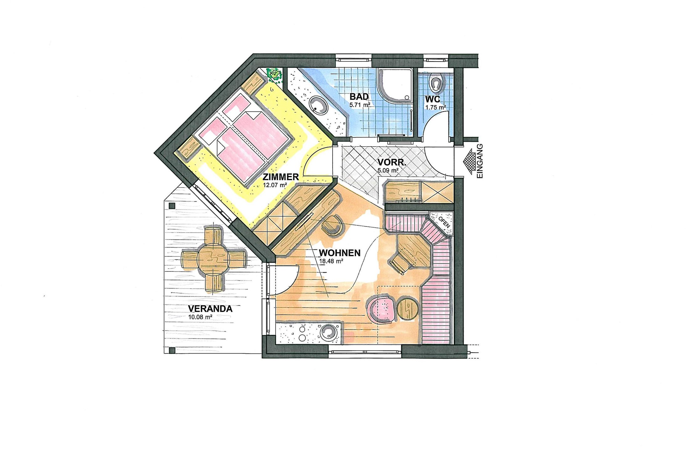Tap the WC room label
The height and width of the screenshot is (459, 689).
tap(433, 99)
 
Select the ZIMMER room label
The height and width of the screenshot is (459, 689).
tap(281, 177)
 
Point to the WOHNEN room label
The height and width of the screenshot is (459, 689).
tap(339, 253)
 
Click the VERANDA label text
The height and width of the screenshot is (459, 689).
tap(210, 309)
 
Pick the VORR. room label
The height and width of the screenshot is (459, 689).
tap(392, 162)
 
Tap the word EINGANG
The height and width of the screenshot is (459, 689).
tap(479, 161)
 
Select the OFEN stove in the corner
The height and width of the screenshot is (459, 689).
tap(442, 223)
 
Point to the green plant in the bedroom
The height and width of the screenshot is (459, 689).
tap(274, 75)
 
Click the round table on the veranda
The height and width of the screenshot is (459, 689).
tap(213, 259)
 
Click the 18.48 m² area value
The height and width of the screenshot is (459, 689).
tap(331, 261)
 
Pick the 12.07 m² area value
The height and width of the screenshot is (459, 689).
tap(275, 185)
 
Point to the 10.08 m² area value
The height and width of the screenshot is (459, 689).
tap(200, 317)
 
